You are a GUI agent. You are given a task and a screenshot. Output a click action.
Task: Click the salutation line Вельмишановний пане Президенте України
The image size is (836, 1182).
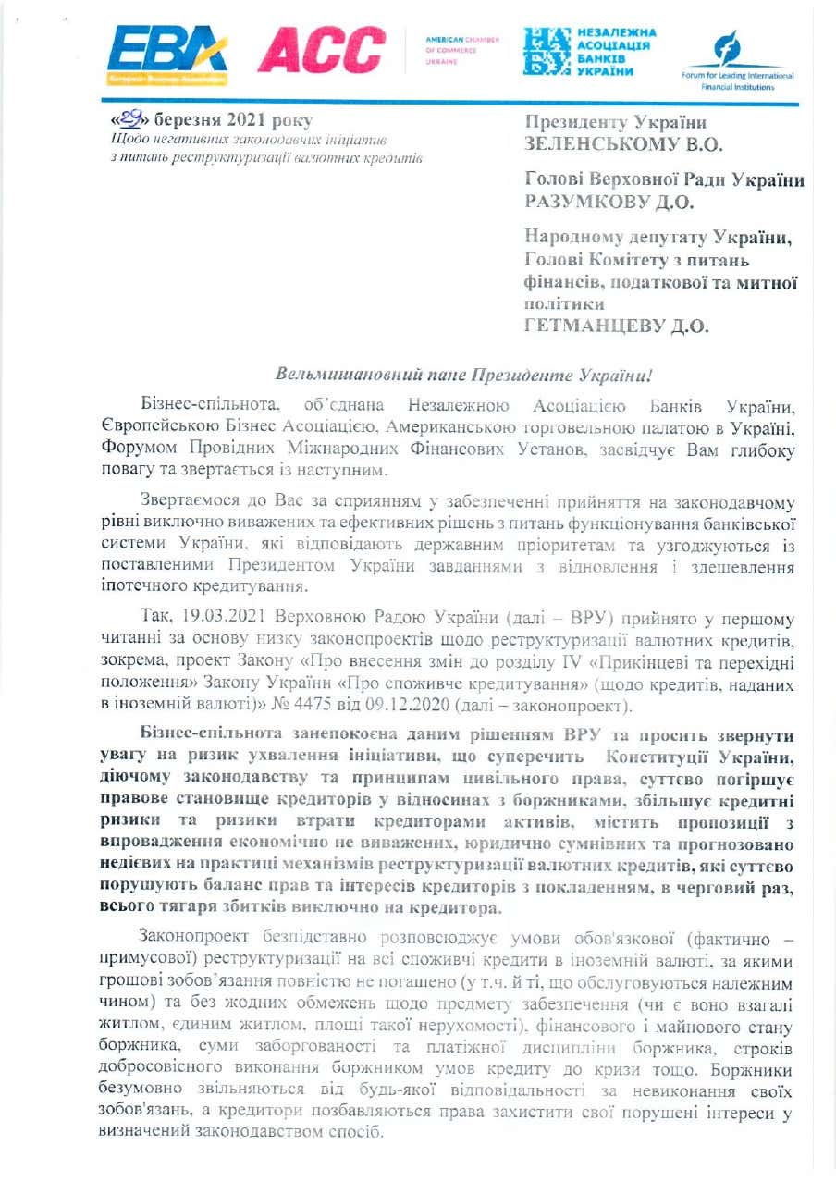(464, 376)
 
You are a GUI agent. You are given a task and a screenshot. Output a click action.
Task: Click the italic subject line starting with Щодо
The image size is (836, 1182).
(247, 140)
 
